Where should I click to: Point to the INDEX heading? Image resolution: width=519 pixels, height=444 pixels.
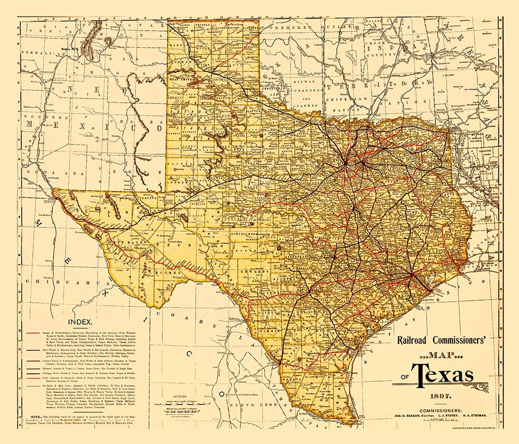tap(76, 322)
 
